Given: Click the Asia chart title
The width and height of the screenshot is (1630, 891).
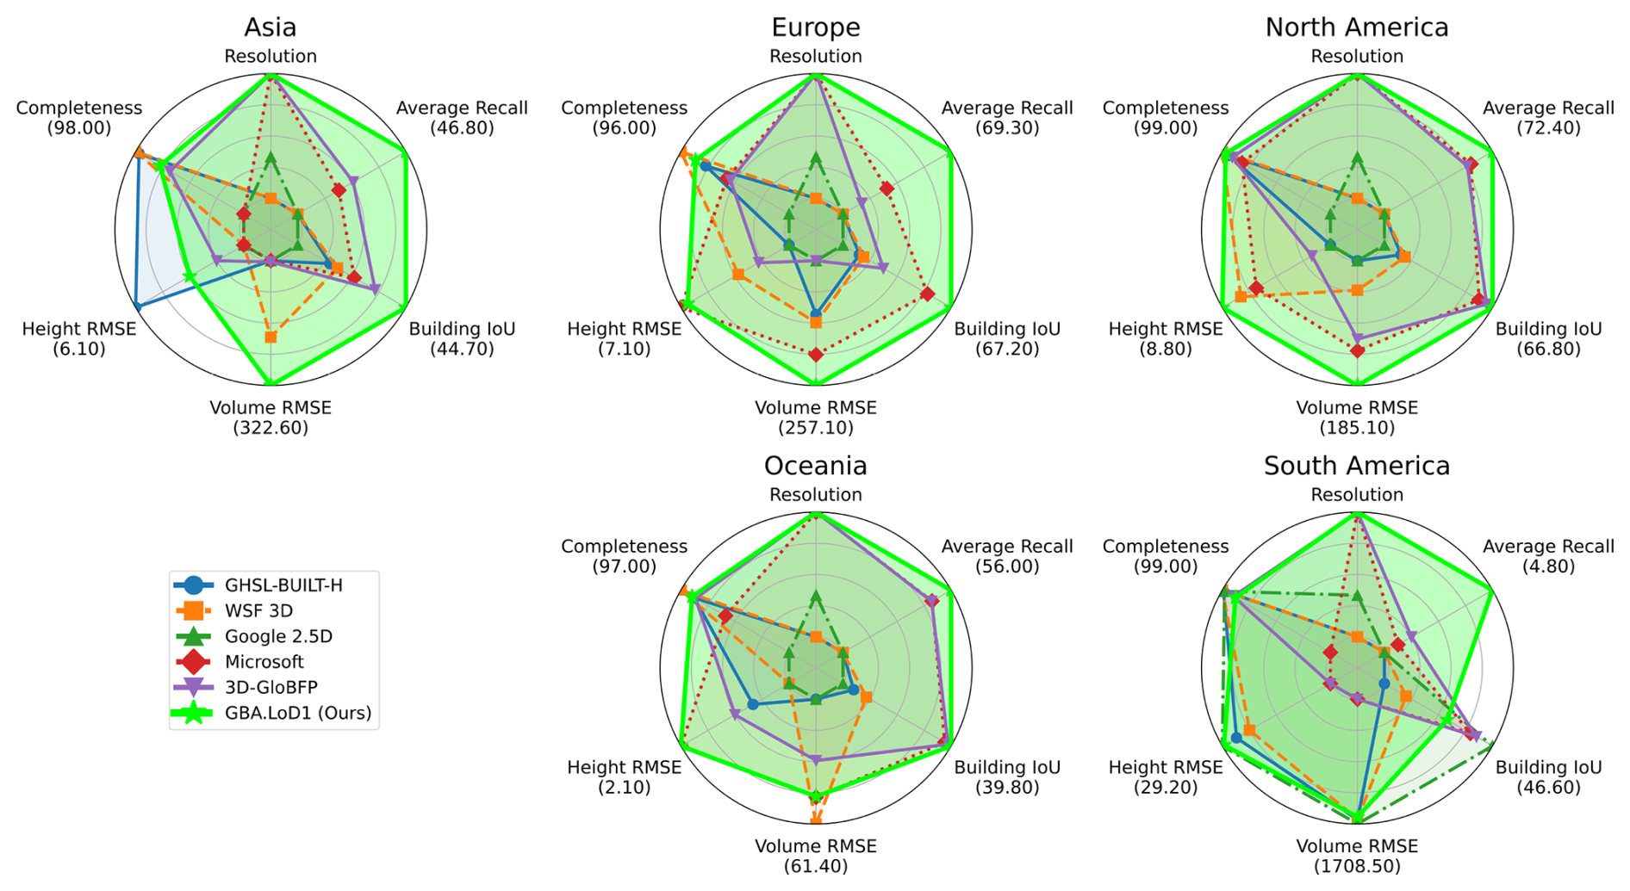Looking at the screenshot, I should tap(271, 28).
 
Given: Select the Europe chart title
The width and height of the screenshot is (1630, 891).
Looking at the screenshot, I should tap(815, 28).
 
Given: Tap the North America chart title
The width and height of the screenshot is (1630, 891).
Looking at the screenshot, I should tap(1356, 28).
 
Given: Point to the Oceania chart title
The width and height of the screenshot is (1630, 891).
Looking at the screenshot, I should tap(815, 466).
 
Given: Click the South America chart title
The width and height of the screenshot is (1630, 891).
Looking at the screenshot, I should tap(1356, 466).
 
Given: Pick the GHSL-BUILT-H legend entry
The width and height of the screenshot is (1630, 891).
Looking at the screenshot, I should tap(283, 585).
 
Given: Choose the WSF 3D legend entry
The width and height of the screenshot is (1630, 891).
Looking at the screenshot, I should tap(258, 611).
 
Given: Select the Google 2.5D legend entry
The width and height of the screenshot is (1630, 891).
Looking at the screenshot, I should tap(278, 636).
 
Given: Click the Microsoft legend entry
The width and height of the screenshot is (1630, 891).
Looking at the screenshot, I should tap(264, 662).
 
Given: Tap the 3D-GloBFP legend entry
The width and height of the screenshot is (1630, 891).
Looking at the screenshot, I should tap(271, 687).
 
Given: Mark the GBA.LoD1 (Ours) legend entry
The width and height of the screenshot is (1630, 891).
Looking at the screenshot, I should tap(297, 713).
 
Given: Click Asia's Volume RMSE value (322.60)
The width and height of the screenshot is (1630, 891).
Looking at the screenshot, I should tap(271, 428).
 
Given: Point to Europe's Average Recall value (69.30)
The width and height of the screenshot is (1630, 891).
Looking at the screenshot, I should tap(1007, 128).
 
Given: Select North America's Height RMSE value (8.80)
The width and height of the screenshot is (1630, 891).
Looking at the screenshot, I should tap(1165, 350).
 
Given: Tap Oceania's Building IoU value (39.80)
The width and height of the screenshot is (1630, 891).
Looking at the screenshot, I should tap(1007, 788).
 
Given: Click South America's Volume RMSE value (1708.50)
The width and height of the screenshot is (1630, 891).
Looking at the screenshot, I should tap(1356, 866).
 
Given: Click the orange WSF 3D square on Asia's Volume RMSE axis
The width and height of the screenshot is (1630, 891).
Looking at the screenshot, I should tap(271, 337).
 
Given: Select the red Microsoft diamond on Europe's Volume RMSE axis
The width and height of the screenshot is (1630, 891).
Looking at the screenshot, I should tap(816, 355).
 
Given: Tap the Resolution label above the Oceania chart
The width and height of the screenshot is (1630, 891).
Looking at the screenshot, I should tap(815, 495).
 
